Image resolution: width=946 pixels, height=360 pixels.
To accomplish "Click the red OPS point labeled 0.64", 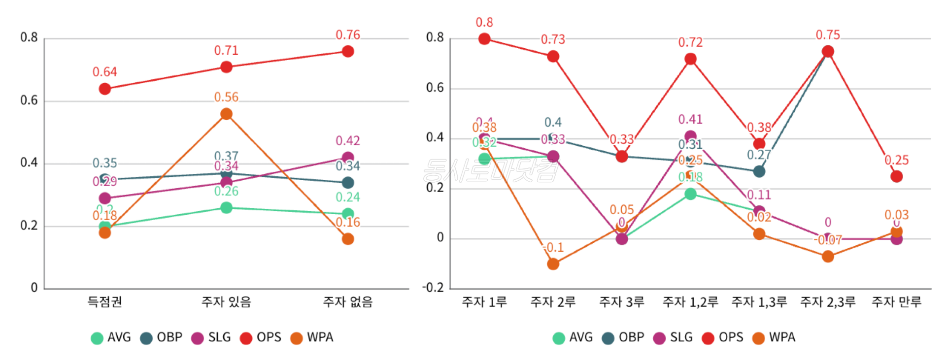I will click(104, 89).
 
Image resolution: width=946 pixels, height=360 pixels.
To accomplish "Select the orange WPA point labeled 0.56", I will click(226, 114).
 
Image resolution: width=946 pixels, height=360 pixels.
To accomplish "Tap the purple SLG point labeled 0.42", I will click(348, 158).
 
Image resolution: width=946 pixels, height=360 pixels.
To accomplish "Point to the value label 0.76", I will click(348, 35).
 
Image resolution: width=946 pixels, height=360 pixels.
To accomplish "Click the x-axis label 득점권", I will click(104, 301).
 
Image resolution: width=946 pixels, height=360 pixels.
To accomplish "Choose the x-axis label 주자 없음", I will click(348, 301).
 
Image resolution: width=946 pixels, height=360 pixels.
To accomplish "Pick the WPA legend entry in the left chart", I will click(312, 337).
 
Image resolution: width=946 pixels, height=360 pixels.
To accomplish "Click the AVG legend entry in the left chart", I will click(111, 337).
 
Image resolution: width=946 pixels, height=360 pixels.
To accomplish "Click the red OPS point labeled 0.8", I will click(484, 39).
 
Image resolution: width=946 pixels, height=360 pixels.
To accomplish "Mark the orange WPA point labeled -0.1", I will click(553, 264).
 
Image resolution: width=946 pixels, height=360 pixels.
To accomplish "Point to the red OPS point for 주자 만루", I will click(896, 176).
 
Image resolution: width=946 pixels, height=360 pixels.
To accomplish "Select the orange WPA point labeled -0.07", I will click(828, 257).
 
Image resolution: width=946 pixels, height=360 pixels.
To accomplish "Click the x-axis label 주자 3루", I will click(622, 301).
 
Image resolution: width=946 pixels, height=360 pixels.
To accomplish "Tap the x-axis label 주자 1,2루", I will click(690, 301).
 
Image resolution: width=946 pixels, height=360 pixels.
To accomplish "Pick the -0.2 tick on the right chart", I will click(433, 288).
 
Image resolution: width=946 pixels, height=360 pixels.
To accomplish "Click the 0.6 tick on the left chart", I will click(29, 100).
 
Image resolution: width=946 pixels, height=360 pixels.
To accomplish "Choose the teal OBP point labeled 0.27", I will click(759, 171).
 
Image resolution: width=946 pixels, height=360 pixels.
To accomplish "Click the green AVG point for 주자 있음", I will click(226, 208).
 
